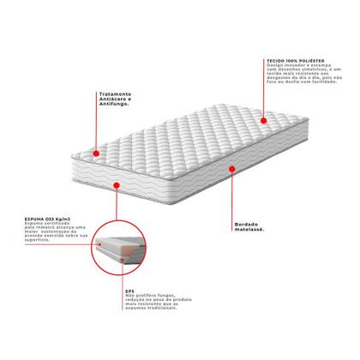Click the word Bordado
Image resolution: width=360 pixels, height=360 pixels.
244,225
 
